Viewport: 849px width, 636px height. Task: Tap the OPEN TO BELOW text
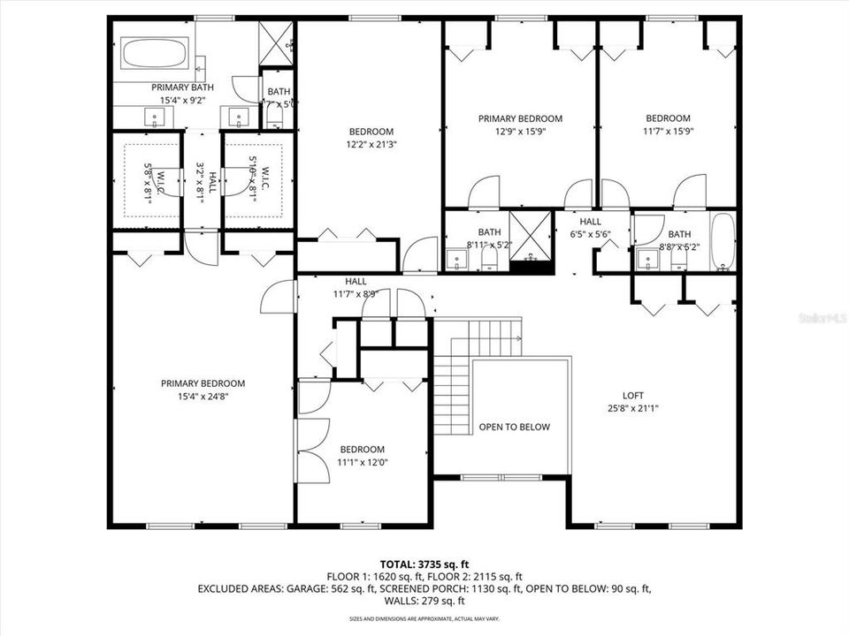click(x=514, y=427)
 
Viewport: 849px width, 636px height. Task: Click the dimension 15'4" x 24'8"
click(x=203, y=397)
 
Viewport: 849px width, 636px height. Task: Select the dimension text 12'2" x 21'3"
click(x=371, y=145)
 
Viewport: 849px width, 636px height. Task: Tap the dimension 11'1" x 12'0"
click(x=362, y=462)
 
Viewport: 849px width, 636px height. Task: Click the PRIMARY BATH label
click(x=182, y=87)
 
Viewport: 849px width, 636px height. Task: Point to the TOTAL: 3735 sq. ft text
click(x=424, y=563)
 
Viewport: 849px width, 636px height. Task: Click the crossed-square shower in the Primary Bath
click(x=275, y=41)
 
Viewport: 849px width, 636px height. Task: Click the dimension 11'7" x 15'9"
click(x=668, y=132)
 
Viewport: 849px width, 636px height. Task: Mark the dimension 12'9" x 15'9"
click(x=520, y=132)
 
